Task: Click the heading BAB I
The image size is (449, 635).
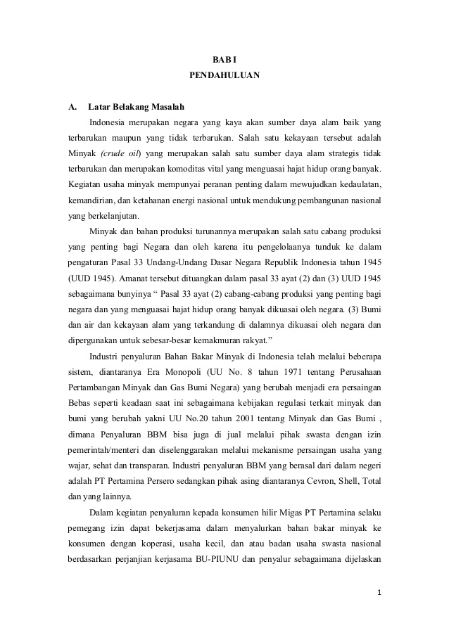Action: point(224,60)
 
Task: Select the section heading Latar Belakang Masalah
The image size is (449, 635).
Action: point(137,108)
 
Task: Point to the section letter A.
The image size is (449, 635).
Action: point(72,108)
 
